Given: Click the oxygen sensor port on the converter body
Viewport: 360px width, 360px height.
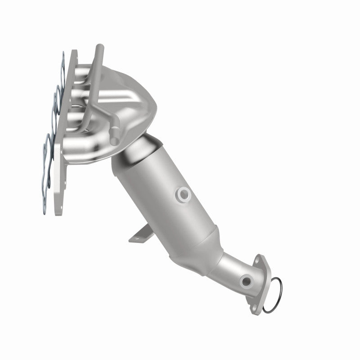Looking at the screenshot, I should (183, 194).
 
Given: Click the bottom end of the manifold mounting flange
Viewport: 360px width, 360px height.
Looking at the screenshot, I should (58, 207).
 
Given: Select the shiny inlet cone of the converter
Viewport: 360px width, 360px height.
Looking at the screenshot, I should (139, 151).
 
